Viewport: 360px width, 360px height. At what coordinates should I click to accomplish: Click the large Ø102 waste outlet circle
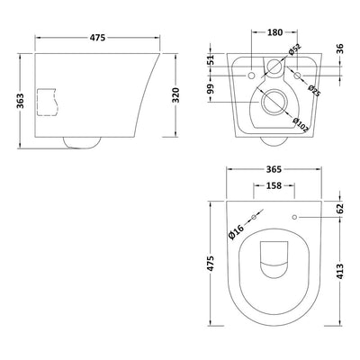point(274,99)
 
